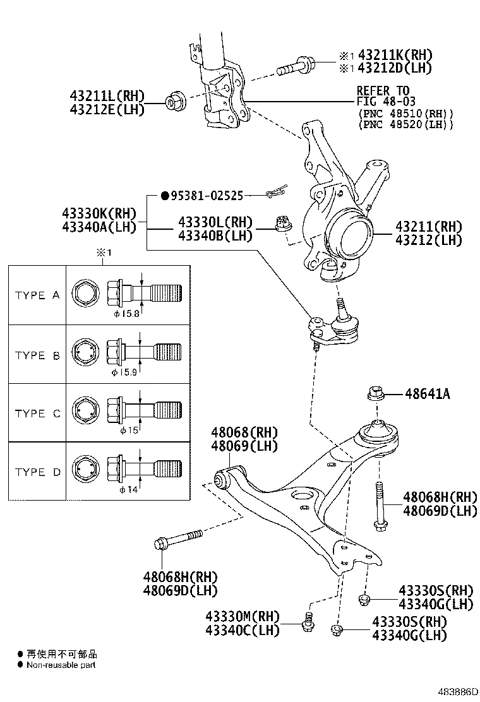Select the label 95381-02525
point(207,196)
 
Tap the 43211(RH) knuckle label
point(429,227)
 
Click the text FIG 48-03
point(383,102)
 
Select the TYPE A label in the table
point(37,295)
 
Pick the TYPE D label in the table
point(37,472)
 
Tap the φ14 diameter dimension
point(128,490)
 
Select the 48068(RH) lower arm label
point(244,432)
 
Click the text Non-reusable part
point(61,665)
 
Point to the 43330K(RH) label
point(99,213)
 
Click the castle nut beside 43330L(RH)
point(282,222)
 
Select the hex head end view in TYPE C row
point(83,410)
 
